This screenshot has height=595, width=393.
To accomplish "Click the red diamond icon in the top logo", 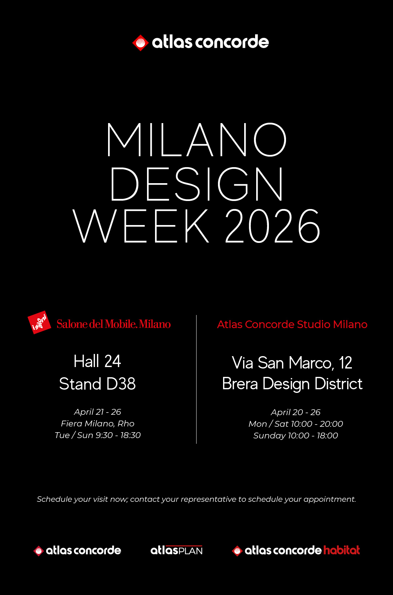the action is tap(140, 43).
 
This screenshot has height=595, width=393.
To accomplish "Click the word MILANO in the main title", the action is tap(196, 140).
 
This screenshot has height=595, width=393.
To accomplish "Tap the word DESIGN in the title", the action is tap(196, 184).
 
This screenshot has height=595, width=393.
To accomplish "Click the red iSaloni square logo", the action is tap(39, 323).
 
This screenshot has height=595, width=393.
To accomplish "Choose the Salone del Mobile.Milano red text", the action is tap(114, 324).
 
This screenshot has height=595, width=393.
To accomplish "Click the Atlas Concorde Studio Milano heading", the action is tap(292, 324).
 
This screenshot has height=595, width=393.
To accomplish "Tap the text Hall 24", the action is tap(98, 361).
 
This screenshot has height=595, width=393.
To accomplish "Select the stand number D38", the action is tap(121, 384).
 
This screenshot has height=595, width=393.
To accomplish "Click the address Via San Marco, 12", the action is tap(292, 363).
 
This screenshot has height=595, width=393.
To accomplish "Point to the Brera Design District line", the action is tap(292, 384).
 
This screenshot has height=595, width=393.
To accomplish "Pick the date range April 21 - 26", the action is tap(98, 412).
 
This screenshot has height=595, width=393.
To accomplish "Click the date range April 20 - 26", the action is tap(295, 412).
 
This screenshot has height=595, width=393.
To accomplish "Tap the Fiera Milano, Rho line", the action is tap(98, 423).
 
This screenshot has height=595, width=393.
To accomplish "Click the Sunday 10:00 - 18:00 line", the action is tap(295, 436).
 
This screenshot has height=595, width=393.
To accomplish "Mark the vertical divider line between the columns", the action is tap(196, 379).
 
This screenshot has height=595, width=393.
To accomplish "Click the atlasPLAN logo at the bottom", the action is tap(176, 550).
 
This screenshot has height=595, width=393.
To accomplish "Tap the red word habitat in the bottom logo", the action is tap(342, 550).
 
